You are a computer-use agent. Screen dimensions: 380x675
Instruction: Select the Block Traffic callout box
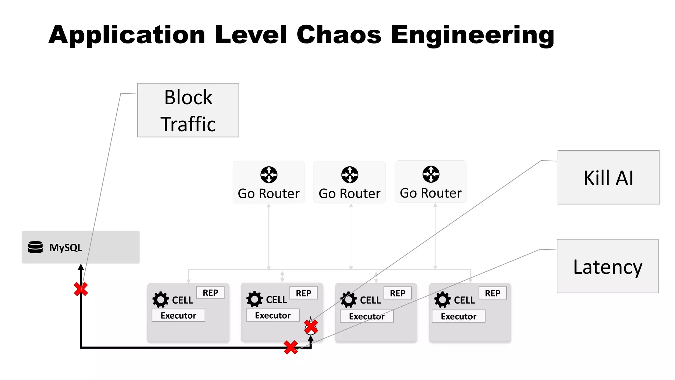pos(188,110)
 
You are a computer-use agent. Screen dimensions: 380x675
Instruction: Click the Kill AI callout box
pos(608,177)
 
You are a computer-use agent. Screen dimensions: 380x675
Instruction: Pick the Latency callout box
pos(607,266)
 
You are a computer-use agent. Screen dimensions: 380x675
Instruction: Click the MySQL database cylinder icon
pos(36,247)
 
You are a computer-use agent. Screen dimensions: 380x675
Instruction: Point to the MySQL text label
pos(66,247)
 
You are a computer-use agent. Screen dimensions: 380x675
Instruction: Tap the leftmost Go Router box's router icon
pos(269,174)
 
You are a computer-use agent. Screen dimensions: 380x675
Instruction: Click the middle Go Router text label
pos(349,194)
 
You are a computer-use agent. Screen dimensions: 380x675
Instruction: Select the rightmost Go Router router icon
pos(431,174)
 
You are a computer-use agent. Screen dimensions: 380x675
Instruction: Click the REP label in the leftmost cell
pos(210,293)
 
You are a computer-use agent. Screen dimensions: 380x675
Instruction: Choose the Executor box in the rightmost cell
pos(458,316)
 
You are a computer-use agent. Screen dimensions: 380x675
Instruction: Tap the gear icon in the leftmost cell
pos(161,300)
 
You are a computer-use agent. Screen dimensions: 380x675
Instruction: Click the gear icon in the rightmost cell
pos(442,300)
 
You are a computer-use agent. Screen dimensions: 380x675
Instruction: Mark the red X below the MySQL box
pos(81,289)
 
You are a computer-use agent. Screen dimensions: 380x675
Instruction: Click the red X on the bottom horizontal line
pos(291,347)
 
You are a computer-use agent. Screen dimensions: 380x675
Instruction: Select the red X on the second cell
pos(311,326)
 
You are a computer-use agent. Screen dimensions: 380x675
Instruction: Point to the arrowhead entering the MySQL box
pos(81,267)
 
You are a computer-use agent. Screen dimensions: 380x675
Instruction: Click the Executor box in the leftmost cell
pos(178,315)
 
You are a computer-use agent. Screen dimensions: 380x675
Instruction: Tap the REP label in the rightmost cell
pos(492,293)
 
